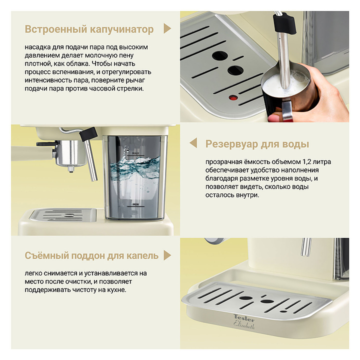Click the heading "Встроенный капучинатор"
(x=89, y=29)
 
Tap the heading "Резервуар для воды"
(x=257, y=144)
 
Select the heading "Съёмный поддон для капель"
(x=91, y=255)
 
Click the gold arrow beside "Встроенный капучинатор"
(x=167, y=28)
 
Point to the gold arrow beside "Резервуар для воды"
(x=193, y=143)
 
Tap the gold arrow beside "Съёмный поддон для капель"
(x=167, y=255)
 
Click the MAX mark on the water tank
(x=135, y=153)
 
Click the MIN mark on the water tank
(x=135, y=204)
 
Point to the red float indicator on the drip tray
(x=233, y=98)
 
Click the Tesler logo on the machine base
(x=244, y=318)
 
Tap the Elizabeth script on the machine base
(x=244, y=325)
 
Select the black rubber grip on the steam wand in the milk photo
(x=284, y=23)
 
